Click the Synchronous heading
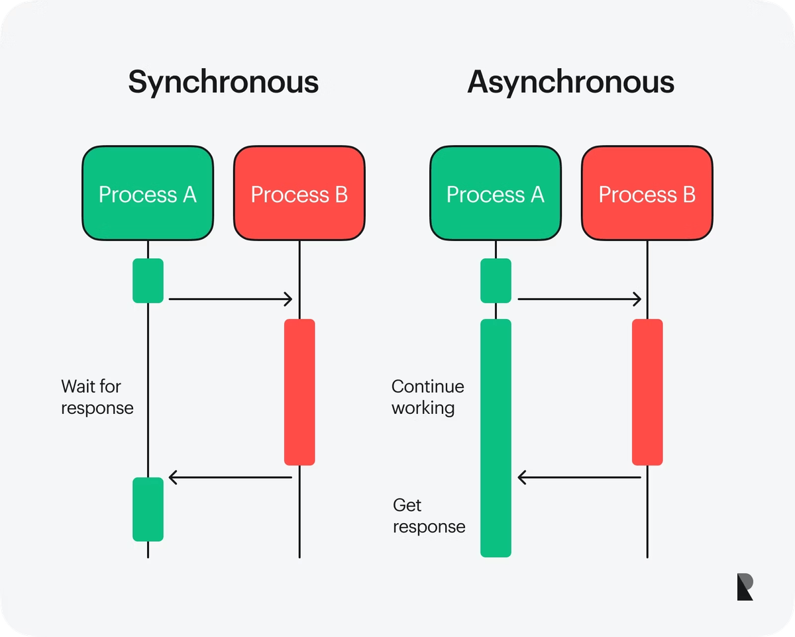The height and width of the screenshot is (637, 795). click(x=223, y=83)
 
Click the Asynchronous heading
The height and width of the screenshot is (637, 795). click(x=570, y=83)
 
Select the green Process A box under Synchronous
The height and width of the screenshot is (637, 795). click(x=148, y=193)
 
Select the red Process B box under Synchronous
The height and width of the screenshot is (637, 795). click(x=299, y=193)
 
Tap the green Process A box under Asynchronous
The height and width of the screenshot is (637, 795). click(x=495, y=193)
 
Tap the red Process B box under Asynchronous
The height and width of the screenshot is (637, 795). click(x=647, y=193)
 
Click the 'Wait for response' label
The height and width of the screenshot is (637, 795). click(x=97, y=397)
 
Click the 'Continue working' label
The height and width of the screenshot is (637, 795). click(x=428, y=397)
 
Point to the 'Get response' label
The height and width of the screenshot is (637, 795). click(x=429, y=516)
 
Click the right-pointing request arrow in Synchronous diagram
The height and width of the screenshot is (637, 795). click(x=230, y=299)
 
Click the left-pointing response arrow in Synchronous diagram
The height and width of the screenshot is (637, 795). click(x=230, y=477)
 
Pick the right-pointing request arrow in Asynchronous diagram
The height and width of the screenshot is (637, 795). click(x=579, y=299)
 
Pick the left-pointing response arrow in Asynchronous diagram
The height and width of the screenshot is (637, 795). click(x=579, y=477)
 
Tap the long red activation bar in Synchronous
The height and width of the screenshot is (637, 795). click(x=299, y=392)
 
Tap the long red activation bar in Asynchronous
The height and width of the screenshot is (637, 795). click(x=647, y=392)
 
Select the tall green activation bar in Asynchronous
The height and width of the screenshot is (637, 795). click(x=496, y=437)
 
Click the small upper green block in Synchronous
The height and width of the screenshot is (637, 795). click(x=148, y=281)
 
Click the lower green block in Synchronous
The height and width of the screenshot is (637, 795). click(x=148, y=509)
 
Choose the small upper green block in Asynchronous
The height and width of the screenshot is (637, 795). click(x=496, y=281)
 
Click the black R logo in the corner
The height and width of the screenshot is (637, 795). click(x=745, y=587)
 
